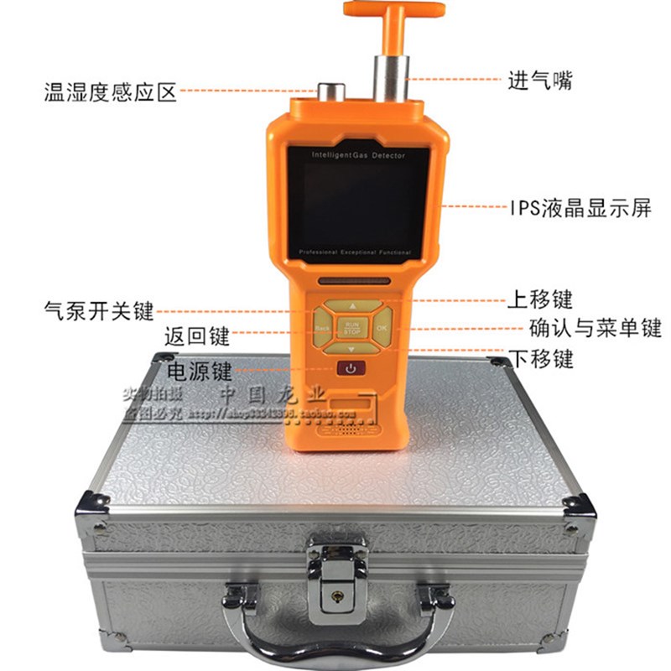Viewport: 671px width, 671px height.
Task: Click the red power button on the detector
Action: pos(351,367)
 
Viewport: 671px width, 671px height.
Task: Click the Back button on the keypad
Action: pos(322,326)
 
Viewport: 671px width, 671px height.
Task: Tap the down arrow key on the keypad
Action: pos(351,346)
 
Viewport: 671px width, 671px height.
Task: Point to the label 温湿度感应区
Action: pos(111,91)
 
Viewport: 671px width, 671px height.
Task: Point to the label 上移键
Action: pos(540,299)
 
